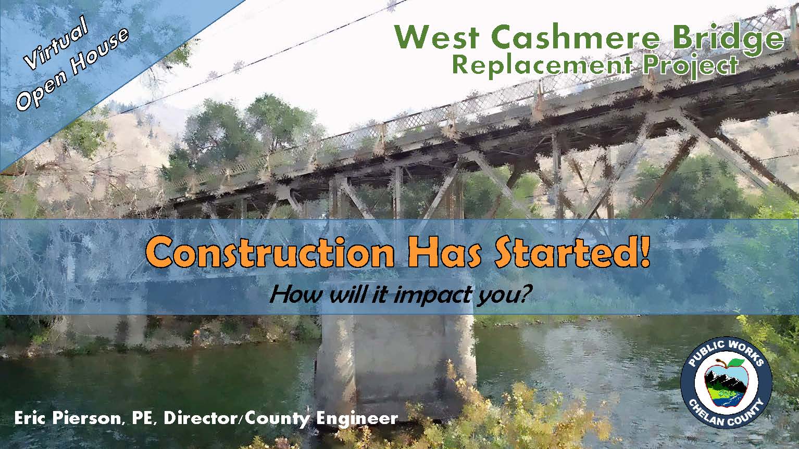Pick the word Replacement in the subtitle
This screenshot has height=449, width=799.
click(542, 65)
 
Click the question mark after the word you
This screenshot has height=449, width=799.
click(522, 294)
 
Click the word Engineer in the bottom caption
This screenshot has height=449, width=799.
click(357, 418)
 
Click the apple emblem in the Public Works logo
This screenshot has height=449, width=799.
click(726, 383)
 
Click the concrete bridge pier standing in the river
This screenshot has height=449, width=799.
click(396, 360)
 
